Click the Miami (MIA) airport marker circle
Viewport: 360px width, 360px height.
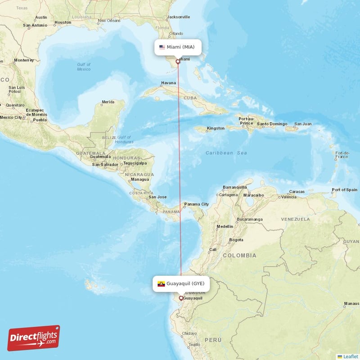(x=178, y=62)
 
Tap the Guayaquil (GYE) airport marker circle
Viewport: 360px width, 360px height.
(x=181, y=298)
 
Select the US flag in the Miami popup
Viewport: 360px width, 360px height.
(x=162, y=47)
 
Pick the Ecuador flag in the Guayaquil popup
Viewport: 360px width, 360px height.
(x=161, y=284)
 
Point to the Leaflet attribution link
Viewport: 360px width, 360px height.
(x=348, y=356)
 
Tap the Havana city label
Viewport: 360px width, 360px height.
(x=168, y=83)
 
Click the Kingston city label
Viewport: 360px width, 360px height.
(x=216, y=128)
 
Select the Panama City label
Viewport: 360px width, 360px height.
(x=197, y=204)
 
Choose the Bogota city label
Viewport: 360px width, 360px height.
(x=236, y=240)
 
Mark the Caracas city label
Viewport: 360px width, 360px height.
(x=297, y=191)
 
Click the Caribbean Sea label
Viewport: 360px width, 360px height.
(x=226, y=153)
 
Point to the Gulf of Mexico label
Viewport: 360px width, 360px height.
(x=84, y=67)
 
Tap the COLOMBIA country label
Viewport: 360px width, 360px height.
(x=239, y=256)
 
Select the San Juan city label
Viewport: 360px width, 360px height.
(x=303, y=124)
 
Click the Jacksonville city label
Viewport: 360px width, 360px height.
(x=178, y=17)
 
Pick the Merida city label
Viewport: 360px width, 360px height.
(x=108, y=102)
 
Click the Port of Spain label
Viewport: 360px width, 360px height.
(x=344, y=190)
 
